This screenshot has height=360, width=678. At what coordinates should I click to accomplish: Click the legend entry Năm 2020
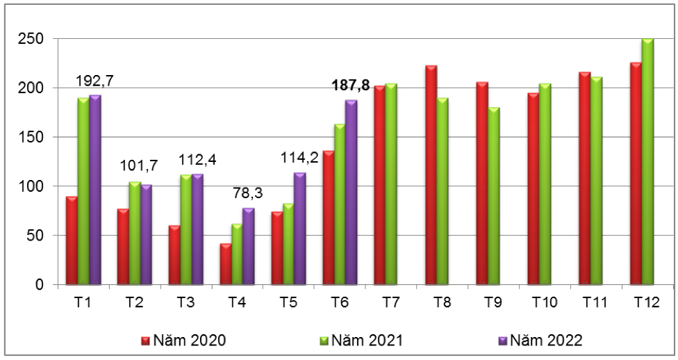pyautogui.click(x=181, y=340)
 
